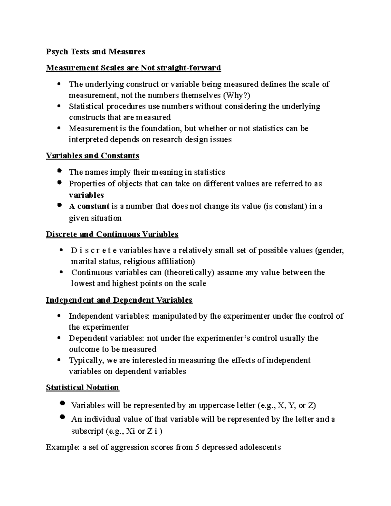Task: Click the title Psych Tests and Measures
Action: coord(95,51)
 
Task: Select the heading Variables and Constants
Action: coord(93,155)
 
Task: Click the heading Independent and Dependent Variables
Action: coord(119,300)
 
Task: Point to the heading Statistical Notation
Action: coord(82,387)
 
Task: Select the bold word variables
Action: coord(86,195)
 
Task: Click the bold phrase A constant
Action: coord(89,206)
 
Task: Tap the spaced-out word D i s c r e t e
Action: coord(94,250)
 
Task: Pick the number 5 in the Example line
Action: coord(197,447)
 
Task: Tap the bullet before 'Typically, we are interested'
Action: coord(59,360)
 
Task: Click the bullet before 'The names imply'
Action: coord(59,171)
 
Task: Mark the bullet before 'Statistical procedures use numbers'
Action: coord(59,106)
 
